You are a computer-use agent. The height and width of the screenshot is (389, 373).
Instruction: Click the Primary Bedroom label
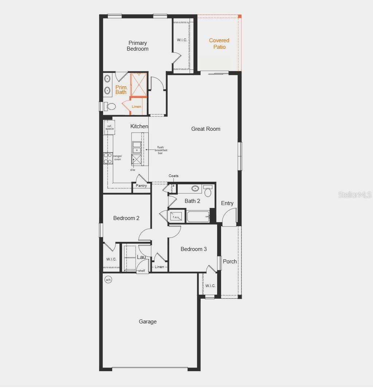[x=138, y=46]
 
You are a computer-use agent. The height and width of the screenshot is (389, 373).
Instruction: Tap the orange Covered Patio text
[x=219, y=44]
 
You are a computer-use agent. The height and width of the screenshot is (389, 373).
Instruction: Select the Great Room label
[x=206, y=129]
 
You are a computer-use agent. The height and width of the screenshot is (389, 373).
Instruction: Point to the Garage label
[x=148, y=322]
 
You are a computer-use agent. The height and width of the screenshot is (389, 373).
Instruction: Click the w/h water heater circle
[x=108, y=280]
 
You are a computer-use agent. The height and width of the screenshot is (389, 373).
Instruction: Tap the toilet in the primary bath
[x=110, y=106]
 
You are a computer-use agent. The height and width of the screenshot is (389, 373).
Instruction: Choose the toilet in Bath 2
[x=208, y=191]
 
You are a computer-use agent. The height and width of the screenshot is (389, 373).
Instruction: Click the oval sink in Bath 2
[x=196, y=189]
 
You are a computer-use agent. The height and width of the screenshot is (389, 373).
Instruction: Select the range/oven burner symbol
[x=108, y=158]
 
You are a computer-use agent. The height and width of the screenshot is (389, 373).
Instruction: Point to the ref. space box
[x=110, y=127]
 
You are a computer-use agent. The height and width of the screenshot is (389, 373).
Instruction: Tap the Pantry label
[x=141, y=186]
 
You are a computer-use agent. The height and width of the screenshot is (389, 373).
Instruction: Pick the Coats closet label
[x=174, y=176]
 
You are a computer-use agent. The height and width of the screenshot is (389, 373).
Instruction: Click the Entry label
[x=227, y=203]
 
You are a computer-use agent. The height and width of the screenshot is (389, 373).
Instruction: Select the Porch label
[x=230, y=262]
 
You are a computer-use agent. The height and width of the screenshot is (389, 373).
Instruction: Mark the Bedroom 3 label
[x=194, y=249]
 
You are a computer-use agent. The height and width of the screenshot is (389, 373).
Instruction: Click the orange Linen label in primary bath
[x=137, y=107]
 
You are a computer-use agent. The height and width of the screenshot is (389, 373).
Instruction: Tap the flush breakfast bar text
[x=160, y=150]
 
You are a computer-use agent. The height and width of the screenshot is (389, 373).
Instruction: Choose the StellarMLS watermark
[x=355, y=195]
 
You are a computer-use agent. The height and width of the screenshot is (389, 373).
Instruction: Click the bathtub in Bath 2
[x=198, y=217]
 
